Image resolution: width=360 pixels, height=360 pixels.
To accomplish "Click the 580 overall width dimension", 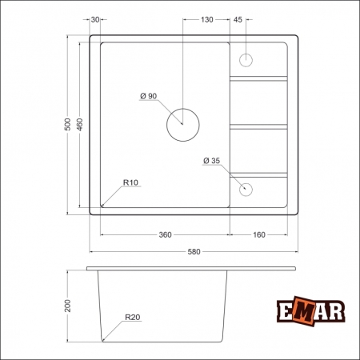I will coord(193,252).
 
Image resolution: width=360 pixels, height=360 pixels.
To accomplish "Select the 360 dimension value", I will coord(166,234).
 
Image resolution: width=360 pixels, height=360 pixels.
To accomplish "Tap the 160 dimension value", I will coord(260,234).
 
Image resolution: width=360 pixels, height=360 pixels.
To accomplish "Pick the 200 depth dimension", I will coord(68,306).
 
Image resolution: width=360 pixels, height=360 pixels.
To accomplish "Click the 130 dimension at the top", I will coord(207,18).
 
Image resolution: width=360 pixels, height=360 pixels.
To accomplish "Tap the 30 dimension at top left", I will coord(95,18).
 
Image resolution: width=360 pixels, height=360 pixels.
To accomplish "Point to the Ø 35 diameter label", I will coord(211,161).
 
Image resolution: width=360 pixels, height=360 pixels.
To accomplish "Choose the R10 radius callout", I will coord(131,183).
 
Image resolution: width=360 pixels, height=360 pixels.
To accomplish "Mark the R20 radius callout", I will coord(132,318).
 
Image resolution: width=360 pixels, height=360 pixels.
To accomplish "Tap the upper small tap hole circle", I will coord(246,60).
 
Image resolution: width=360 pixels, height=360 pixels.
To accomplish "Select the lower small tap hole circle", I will coord(246,190).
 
